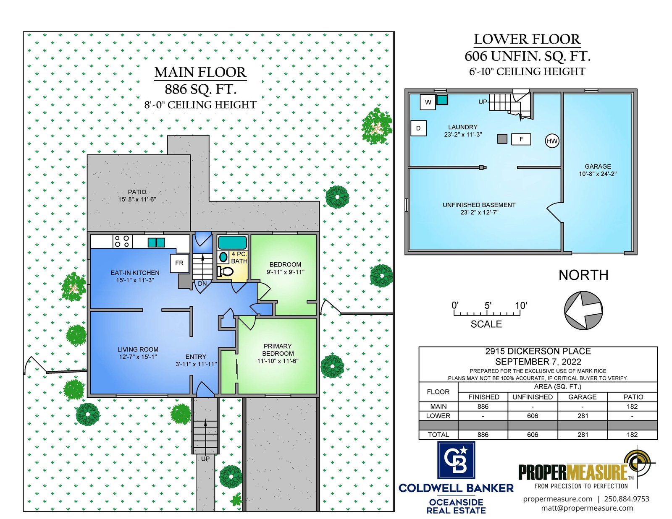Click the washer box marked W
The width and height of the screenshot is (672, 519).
click(428, 102)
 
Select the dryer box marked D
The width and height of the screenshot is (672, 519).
click(418, 128)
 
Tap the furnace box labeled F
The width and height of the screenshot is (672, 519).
click(521, 139)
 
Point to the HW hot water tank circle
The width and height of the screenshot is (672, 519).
click(552, 141)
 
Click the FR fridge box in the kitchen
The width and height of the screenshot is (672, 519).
click(179, 263)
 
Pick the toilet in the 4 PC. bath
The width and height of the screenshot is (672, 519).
click(225, 271)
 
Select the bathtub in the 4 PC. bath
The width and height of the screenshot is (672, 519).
click(233, 243)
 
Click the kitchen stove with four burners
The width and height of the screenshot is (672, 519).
click(122, 241)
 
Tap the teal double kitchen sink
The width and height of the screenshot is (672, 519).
click(156, 243)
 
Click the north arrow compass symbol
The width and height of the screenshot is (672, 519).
click(583, 310)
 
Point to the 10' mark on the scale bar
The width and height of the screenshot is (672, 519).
click(521, 306)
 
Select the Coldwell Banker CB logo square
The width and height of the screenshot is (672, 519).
click(456, 460)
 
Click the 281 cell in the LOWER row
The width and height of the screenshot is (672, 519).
click(583, 416)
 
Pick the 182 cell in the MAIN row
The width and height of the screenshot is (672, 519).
click(632, 407)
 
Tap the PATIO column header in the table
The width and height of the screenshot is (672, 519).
click(633, 397)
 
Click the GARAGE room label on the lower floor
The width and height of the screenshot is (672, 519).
click(598, 167)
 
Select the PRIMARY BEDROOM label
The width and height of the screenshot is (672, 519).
click(278, 350)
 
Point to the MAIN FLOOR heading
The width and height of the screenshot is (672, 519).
click(200, 72)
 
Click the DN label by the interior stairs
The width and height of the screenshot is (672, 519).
click(202, 283)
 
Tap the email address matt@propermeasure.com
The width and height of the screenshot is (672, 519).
click(587, 508)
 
